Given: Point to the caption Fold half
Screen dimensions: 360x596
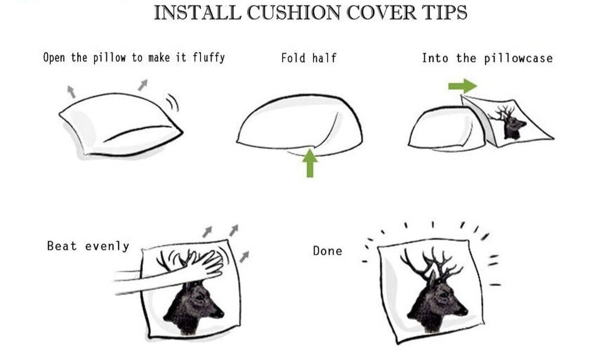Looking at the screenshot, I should (308, 57).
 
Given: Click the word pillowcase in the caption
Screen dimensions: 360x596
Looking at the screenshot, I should (518, 58).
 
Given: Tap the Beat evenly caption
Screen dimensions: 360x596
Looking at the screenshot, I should (88, 246).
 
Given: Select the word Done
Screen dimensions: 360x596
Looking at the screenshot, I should (327, 251).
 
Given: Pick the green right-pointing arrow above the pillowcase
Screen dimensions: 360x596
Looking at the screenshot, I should (462, 86).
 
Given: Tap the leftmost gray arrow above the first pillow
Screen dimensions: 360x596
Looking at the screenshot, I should (71, 91).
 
